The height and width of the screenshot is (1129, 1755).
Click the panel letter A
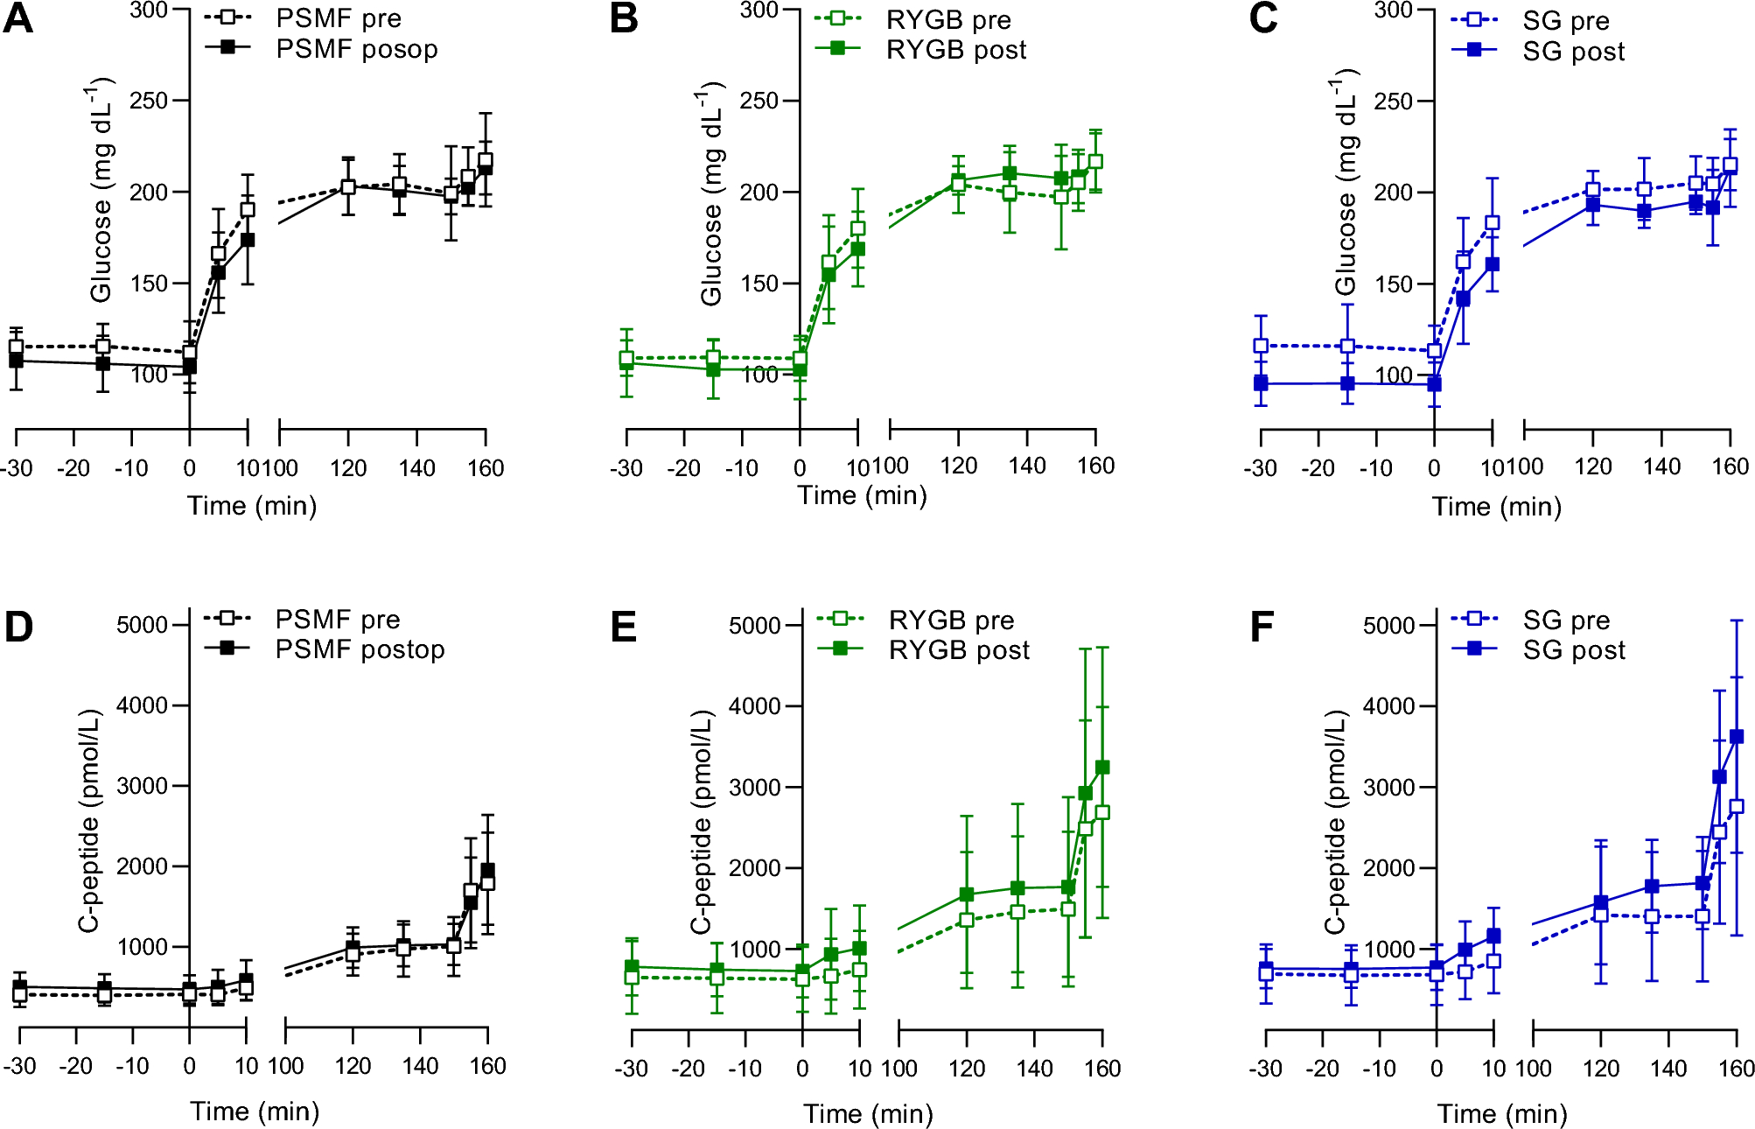pyautogui.click(x=18, y=19)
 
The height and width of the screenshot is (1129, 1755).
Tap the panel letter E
pyautogui.click(x=623, y=628)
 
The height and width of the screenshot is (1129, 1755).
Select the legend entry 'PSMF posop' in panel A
pyautogui.click(x=356, y=49)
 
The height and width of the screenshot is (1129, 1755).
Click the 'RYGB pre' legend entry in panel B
pyautogui.click(x=947, y=19)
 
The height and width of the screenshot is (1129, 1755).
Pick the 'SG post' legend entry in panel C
pyautogui.click(x=1572, y=52)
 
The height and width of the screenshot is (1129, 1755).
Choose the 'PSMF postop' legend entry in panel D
pyautogui.click(x=360, y=649)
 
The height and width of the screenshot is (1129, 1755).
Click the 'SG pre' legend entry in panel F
pyautogui.click(x=1565, y=621)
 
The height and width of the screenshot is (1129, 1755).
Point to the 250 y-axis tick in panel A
pyautogui.click(x=148, y=101)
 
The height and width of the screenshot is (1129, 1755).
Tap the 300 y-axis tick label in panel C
pyautogui.click(x=1393, y=10)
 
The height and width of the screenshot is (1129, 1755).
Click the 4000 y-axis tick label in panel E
pyautogui.click(x=754, y=706)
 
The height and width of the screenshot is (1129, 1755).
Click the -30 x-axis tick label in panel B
pyautogui.click(x=626, y=468)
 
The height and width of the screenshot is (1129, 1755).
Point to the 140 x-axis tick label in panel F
pyautogui.click(x=1668, y=1069)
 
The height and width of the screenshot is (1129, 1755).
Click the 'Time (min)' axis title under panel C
pyautogui.click(x=1496, y=507)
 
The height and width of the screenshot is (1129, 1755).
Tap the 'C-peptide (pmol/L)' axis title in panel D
pyautogui.click(x=89, y=821)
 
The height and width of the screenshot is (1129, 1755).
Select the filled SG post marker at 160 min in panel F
pyautogui.click(x=1737, y=737)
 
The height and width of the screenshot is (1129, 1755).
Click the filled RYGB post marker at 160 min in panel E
pyautogui.click(x=1102, y=768)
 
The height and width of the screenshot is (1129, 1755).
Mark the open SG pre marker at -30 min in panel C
pyautogui.click(x=1261, y=346)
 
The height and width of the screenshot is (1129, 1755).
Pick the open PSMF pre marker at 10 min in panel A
pyautogui.click(x=248, y=209)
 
